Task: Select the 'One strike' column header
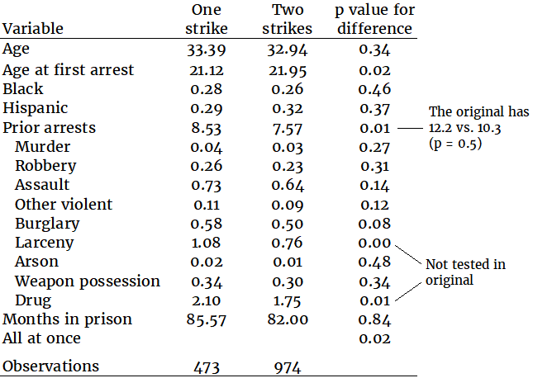point(207,19)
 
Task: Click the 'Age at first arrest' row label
point(69,69)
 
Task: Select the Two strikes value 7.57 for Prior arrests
point(288,128)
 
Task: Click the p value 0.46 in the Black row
point(374,89)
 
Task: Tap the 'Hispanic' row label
point(36,108)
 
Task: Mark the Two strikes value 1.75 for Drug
point(288,300)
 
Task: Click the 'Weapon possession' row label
point(88,281)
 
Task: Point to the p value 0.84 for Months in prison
point(374,319)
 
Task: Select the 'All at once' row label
point(42,338)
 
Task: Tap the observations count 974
point(288,366)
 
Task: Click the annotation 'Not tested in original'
point(465,272)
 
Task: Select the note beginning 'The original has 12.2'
point(478,127)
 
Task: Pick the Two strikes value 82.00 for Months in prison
point(288,319)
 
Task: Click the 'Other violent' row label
point(64,204)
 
